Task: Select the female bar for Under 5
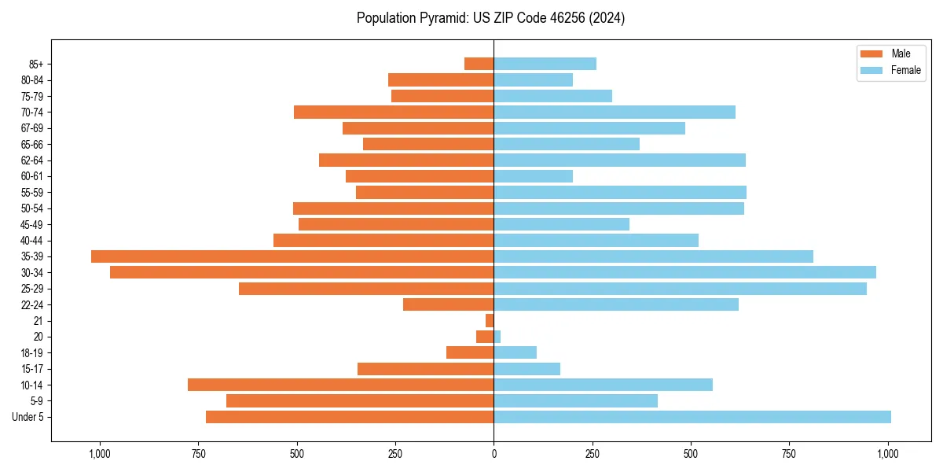pos(692,417)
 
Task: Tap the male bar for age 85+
pos(479,64)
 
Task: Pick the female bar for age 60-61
pos(533,176)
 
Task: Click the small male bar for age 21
pos(490,321)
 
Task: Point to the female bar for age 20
pos(497,337)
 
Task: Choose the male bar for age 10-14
pos(340,385)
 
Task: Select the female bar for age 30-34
pos(684,272)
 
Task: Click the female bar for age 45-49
pos(561,224)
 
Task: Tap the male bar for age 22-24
pos(448,304)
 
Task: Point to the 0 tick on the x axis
pos(494,454)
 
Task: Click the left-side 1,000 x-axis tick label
pos(100,454)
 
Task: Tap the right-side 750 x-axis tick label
pos(789,454)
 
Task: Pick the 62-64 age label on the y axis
pos(32,160)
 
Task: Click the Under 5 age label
pos(28,417)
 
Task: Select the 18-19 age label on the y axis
pos(32,353)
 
